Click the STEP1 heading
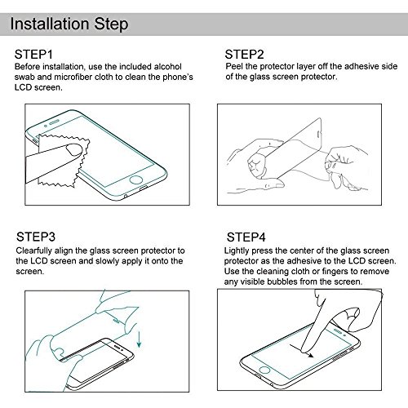33,55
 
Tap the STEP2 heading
244,55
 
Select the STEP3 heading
36,237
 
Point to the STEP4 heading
246,237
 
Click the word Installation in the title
50,24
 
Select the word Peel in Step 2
234,66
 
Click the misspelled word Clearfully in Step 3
34,251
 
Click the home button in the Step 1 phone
135,180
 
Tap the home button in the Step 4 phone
264,370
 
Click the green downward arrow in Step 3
139,339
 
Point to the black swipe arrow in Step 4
302,351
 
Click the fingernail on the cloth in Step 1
74,149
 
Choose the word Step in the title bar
111,24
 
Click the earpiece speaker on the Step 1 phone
54,122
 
